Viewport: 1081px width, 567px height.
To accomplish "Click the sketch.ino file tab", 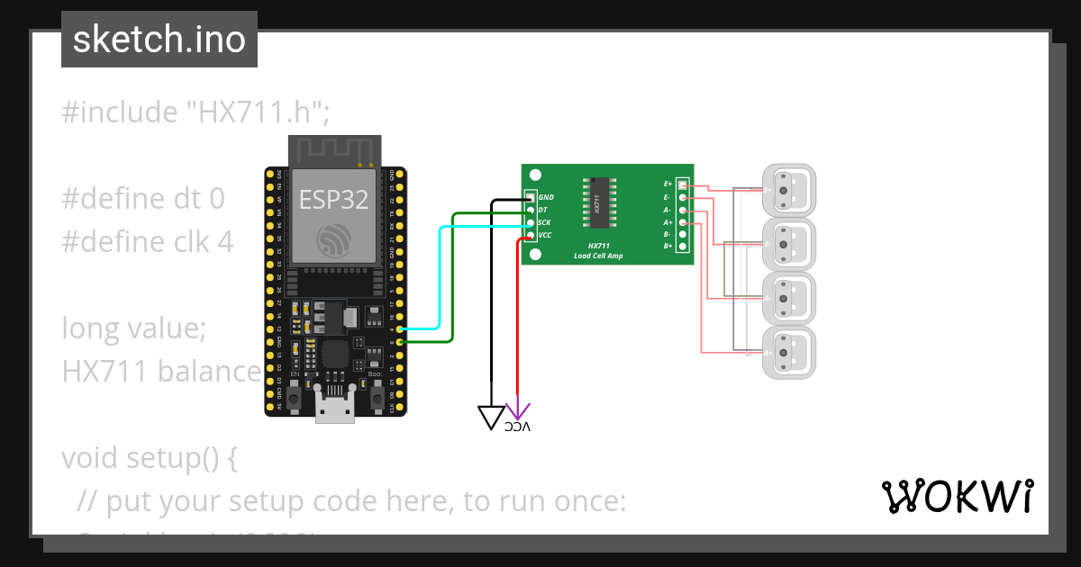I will point(159,40).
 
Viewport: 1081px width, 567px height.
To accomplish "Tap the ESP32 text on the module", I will point(333,200).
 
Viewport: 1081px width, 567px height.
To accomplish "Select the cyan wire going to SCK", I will point(439,279).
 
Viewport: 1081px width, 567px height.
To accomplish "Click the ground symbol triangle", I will point(491,417).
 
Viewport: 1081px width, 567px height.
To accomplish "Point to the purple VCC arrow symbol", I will point(518,409).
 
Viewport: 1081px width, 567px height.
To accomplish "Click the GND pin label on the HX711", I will point(546,197).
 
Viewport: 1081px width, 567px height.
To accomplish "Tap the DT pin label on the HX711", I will point(542,210).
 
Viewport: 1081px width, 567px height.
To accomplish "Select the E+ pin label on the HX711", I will point(668,184).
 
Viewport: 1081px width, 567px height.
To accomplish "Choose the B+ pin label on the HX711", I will point(668,246).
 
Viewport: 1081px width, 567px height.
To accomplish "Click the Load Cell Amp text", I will point(597,256).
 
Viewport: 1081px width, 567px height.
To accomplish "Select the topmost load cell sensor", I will point(788,190).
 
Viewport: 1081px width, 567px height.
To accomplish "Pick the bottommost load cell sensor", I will point(788,352).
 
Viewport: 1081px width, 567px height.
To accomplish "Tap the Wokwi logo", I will point(957,496).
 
